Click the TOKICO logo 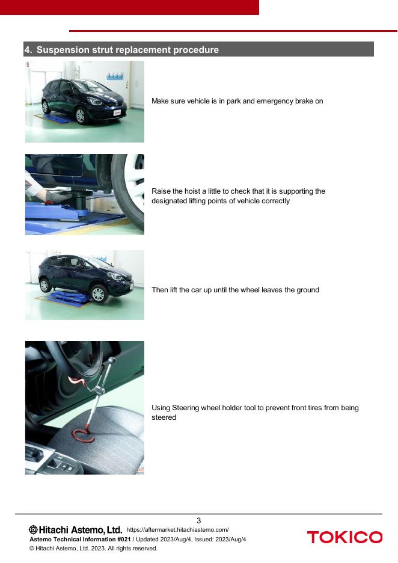[x=344, y=537]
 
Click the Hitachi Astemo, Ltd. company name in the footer [x=75, y=529]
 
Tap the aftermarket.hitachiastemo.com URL [x=177, y=529]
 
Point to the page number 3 [x=199, y=520]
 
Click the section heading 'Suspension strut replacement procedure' [x=127, y=49]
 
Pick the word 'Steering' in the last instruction [x=186, y=408]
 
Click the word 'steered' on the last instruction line [x=164, y=417]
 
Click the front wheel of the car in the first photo [x=81, y=116]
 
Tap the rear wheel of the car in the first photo [x=45, y=106]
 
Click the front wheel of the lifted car [x=98, y=294]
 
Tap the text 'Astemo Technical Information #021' [x=80, y=540]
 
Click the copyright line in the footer [x=93, y=549]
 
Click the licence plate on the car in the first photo [x=117, y=112]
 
